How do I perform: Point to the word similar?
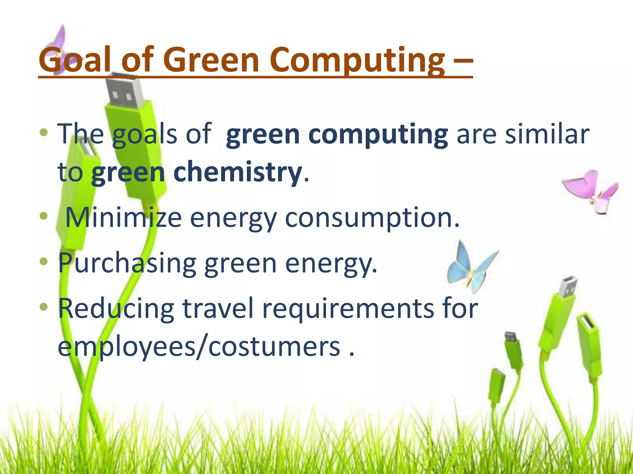(547, 134)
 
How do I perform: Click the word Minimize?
(124, 218)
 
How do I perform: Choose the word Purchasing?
(127, 264)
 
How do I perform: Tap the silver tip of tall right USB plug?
(568, 287)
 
